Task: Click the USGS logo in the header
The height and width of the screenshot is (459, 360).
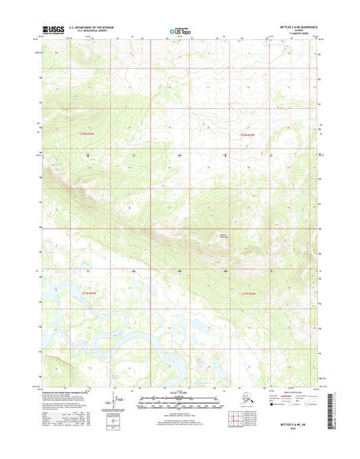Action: click(53, 29)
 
